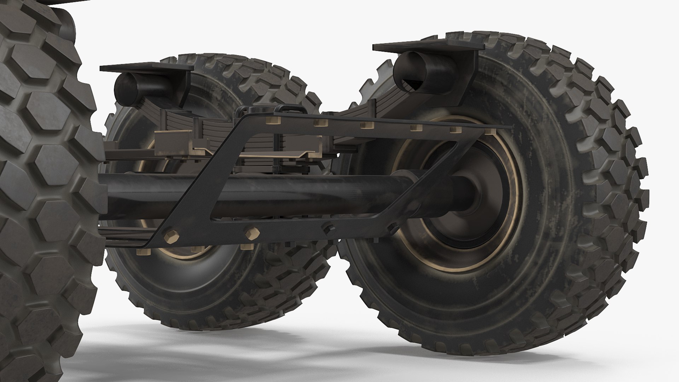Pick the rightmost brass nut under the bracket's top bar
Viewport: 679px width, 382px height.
[x=490, y=132]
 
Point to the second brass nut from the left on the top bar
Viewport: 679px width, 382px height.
[x=320, y=123]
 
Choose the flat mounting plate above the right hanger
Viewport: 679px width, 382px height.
[x=424, y=48]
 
